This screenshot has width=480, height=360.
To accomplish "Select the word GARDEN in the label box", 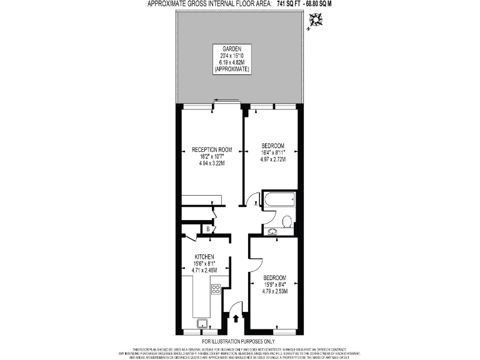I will click(232, 49).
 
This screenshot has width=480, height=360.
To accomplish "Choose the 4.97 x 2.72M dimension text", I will click(273, 159).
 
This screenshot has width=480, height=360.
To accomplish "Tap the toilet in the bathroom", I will click(286, 221).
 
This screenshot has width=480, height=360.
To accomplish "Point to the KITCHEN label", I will click(204, 257).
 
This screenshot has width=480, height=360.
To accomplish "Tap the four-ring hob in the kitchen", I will click(216, 289).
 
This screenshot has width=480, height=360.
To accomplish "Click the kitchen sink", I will click(202, 323).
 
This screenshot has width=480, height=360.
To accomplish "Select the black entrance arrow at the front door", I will click(236, 319).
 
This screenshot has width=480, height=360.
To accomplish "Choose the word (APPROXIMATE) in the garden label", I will click(232, 69).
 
